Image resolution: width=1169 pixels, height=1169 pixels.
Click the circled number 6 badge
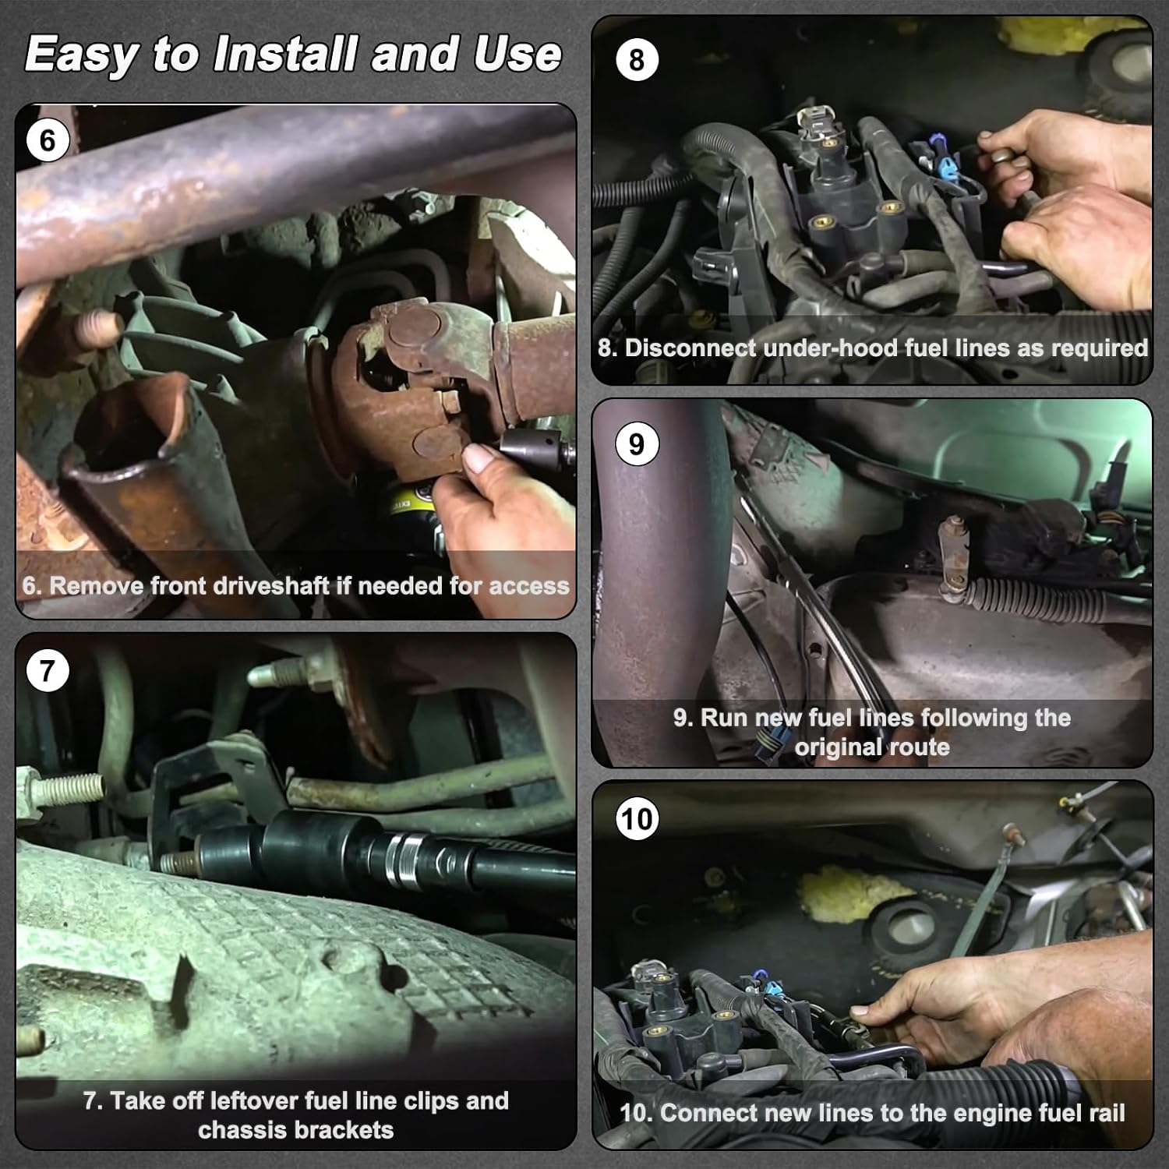click(x=48, y=140)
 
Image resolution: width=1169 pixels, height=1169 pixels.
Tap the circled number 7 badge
click(x=48, y=671)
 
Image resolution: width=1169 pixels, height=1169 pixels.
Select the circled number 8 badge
click(x=637, y=60)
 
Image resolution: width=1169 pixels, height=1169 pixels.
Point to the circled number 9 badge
click(x=637, y=444)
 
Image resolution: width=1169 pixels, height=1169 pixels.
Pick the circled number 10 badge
click(x=637, y=819)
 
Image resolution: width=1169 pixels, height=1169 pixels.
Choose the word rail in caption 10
click(x=1105, y=1113)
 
